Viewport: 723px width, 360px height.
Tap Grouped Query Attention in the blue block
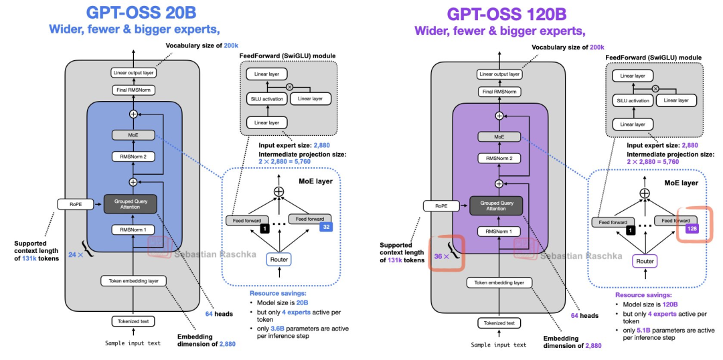(133, 203)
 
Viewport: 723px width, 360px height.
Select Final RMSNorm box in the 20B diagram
(133, 90)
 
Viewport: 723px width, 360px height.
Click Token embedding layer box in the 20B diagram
(133, 282)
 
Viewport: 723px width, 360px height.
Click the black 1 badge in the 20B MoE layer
(264, 229)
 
